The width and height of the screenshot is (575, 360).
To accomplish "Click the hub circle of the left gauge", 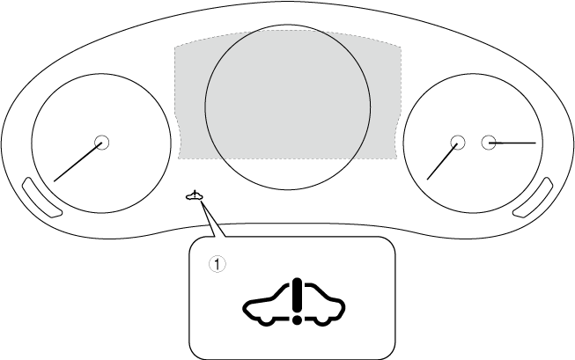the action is [100, 142].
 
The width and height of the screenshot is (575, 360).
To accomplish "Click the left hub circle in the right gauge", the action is [457, 142].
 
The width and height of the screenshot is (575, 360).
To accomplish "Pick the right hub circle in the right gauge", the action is [489, 142].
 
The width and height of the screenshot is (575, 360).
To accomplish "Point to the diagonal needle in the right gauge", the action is [443, 160].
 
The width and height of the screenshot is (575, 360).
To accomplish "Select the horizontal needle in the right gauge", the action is [515, 142].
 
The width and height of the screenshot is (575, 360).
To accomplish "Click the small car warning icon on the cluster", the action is [195, 196].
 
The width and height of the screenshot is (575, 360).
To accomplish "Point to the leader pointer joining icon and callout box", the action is [212, 222].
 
